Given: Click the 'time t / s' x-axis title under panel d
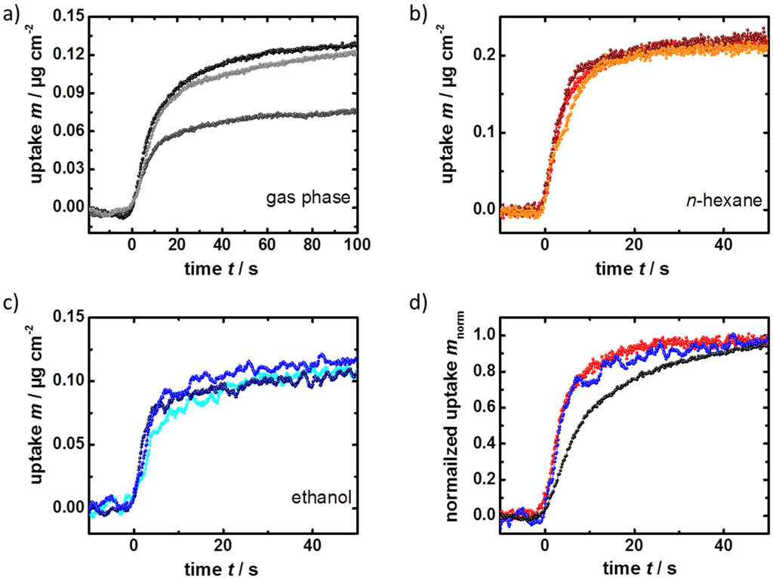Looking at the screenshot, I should tap(633, 564).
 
